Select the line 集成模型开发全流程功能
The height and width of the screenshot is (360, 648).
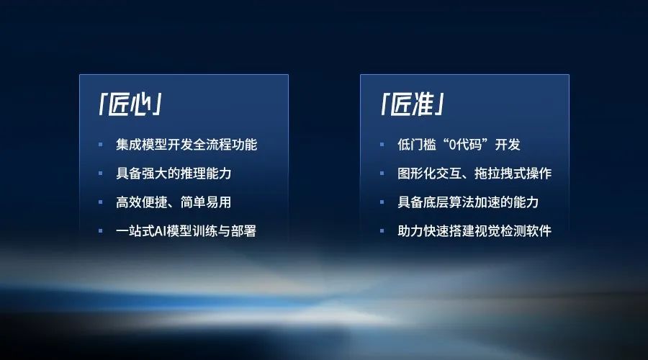tap(186, 145)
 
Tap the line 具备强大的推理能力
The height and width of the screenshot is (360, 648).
tap(173, 174)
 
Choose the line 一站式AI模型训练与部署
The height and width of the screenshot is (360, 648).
tap(186, 231)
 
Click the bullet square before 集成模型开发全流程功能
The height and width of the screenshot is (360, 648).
tap(101, 145)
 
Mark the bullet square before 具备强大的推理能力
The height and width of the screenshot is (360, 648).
tap(101, 174)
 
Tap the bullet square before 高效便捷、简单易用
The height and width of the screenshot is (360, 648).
tap(101, 202)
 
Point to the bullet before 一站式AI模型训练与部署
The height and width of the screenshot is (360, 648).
tap(101, 231)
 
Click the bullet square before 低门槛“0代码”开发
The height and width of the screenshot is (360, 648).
tap(382, 145)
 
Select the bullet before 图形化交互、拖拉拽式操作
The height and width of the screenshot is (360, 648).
tap(382, 174)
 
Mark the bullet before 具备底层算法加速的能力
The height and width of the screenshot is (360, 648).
tap(382, 202)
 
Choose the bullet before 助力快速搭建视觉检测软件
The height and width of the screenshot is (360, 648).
tap(382, 231)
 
